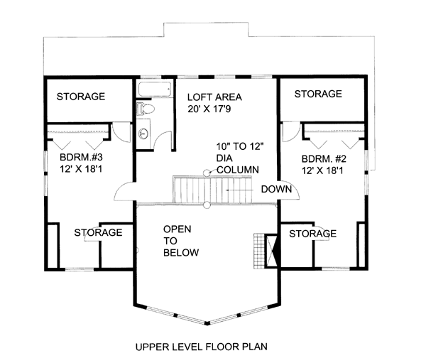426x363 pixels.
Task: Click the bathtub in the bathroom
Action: (x=155, y=89)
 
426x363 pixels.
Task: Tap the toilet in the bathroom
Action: (x=145, y=109)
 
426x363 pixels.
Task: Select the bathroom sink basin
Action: (x=143, y=134)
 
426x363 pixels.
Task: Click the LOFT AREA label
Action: (x=214, y=97)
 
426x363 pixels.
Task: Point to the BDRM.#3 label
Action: (x=81, y=157)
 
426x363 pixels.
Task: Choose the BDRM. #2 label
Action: (x=324, y=158)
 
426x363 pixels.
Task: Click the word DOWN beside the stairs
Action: (x=276, y=189)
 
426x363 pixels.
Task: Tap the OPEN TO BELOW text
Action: (x=180, y=241)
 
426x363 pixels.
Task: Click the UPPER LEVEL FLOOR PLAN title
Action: (x=202, y=347)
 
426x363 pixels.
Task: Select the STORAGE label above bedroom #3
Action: (x=81, y=97)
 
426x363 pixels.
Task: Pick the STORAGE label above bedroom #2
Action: (x=318, y=94)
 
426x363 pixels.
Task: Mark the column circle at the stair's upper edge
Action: (x=207, y=173)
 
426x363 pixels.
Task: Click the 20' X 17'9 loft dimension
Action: (x=209, y=109)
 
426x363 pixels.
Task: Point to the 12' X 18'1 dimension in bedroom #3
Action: (x=81, y=169)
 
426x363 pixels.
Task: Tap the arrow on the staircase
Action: (x=239, y=190)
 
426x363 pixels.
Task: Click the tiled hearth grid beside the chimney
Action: (x=259, y=251)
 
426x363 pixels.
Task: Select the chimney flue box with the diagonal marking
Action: (x=271, y=251)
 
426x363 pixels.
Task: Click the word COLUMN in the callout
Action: (x=238, y=170)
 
